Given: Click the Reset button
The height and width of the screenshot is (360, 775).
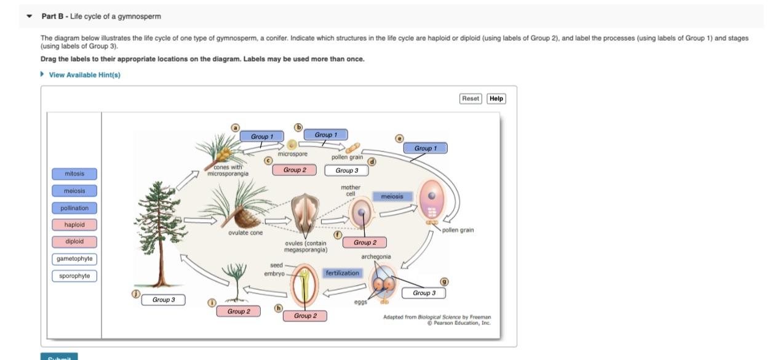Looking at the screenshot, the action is pyautogui.click(x=471, y=98).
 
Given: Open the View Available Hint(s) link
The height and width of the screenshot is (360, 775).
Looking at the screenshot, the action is pyautogui.click(x=84, y=75).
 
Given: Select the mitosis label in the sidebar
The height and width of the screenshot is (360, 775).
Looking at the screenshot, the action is pyautogui.click(x=74, y=174).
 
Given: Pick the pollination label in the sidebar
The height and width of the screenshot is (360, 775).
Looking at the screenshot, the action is pyautogui.click(x=74, y=208).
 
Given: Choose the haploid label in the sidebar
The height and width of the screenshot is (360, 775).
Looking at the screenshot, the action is pyautogui.click(x=74, y=225).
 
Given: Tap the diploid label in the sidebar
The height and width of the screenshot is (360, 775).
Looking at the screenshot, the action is pyautogui.click(x=74, y=241).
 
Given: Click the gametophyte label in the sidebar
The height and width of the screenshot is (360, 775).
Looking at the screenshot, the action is pyautogui.click(x=74, y=258).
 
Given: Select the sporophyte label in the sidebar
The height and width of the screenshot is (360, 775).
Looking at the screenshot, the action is pyautogui.click(x=74, y=276).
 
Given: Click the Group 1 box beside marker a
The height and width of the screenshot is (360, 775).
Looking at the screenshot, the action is pyautogui.click(x=262, y=137).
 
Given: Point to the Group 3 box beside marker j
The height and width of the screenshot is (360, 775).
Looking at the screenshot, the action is pyautogui.click(x=164, y=300).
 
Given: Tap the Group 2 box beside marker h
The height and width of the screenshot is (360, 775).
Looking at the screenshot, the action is pyautogui.click(x=305, y=316).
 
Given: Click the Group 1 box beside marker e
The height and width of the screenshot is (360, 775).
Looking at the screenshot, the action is pyautogui.click(x=425, y=148).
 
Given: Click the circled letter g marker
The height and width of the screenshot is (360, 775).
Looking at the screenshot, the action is pyautogui.click(x=444, y=282).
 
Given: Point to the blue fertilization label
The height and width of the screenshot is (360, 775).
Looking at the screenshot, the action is pyautogui.click(x=342, y=273).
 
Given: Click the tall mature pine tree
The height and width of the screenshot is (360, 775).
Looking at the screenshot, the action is pyautogui.click(x=160, y=234).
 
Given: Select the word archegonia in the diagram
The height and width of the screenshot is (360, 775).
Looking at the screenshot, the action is pyautogui.click(x=376, y=257).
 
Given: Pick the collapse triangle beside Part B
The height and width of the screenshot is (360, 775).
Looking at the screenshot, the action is pyautogui.click(x=30, y=16).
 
